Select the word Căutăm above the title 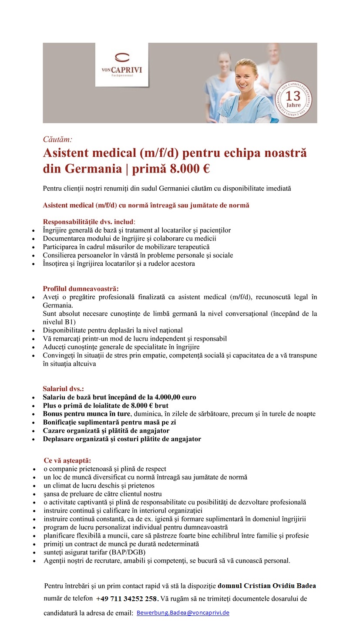[57, 139]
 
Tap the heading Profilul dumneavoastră [81, 288]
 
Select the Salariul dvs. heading [63, 389]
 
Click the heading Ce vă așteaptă [67, 460]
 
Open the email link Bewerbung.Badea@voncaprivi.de [183, 613]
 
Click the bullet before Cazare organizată [34, 431]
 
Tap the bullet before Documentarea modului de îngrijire [34, 239]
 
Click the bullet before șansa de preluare [34, 494]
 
